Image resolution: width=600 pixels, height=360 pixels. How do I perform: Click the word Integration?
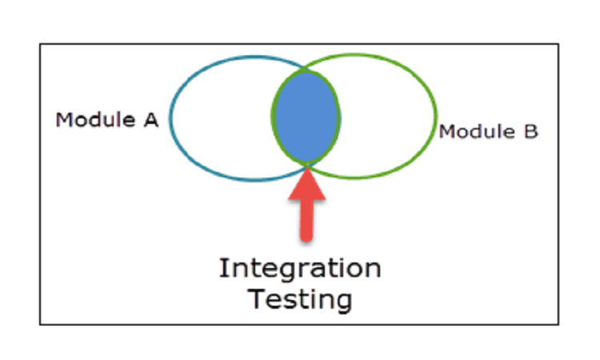300,268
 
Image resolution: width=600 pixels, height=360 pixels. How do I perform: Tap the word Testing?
300,300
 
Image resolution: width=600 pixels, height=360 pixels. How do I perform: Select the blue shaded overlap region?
306,117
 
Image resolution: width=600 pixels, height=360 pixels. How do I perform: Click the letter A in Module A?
151,120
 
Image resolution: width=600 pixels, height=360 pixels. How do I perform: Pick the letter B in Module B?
530,130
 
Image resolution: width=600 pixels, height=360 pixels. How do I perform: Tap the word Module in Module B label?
476,130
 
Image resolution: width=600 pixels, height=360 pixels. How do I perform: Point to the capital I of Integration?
223,268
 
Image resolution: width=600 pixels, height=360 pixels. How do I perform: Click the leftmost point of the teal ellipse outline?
170,117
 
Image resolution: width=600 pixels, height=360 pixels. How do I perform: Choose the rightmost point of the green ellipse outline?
437,117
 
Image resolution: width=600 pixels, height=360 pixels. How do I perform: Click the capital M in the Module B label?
446,130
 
